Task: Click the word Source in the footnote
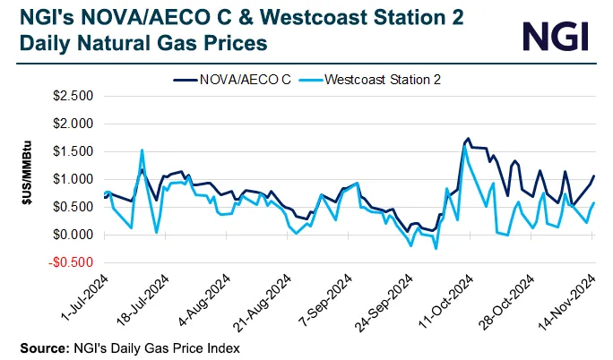(39, 346)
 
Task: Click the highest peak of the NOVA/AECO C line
(468, 139)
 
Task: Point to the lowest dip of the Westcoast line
(436, 248)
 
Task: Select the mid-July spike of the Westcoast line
(142, 150)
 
